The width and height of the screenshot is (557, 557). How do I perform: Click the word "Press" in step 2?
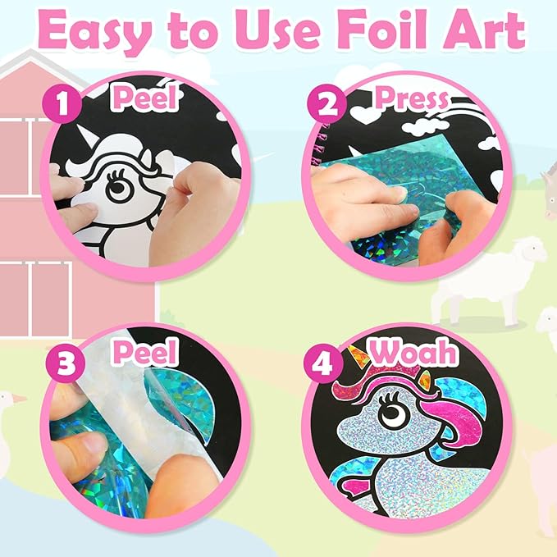pos(411,100)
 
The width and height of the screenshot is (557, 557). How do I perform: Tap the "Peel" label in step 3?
pos(146,353)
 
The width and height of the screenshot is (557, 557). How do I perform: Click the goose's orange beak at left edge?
pos(20,399)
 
